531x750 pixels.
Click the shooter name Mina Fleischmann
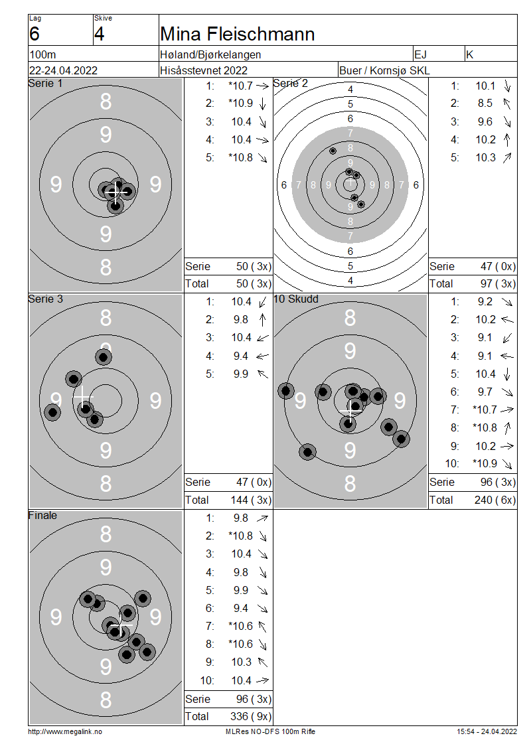point(237,35)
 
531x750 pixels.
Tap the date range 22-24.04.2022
point(63,70)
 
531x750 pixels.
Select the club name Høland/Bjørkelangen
point(210,54)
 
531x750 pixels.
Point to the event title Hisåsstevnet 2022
point(204,70)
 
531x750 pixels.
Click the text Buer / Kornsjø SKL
point(384,70)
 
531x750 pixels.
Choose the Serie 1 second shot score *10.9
point(240,104)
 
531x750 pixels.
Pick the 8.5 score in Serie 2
point(485,104)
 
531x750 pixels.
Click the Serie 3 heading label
point(45,299)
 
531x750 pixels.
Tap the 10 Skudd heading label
point(295,299)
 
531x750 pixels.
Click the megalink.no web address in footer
point(65,731)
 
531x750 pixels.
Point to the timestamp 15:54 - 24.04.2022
point(487,731)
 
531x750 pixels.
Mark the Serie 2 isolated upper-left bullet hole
point(333,151)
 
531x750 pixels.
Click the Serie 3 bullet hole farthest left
point(52,412)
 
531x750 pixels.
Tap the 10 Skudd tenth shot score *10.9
point(485,463)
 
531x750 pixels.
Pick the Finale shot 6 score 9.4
point(241,608)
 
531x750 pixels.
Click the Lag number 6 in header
point(35,35)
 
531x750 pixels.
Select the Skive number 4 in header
point(99,35)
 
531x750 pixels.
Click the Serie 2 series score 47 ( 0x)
point(498,266)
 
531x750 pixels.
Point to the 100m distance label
point(42,54)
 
